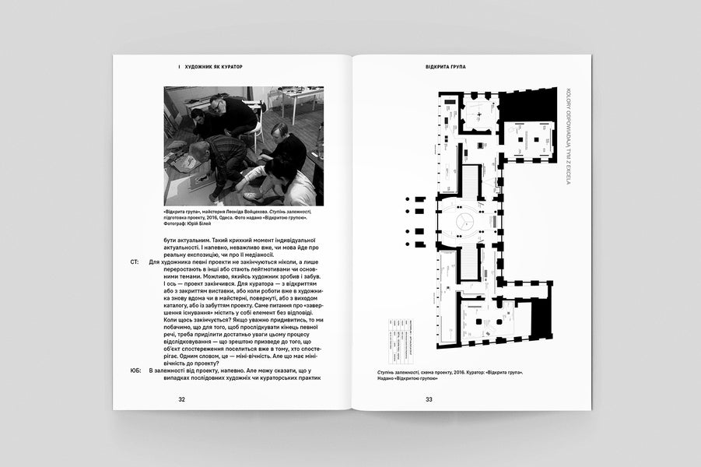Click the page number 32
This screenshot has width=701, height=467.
point(181,399)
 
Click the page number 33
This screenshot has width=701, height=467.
point(429,399)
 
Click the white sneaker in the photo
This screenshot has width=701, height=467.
point(250,195)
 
